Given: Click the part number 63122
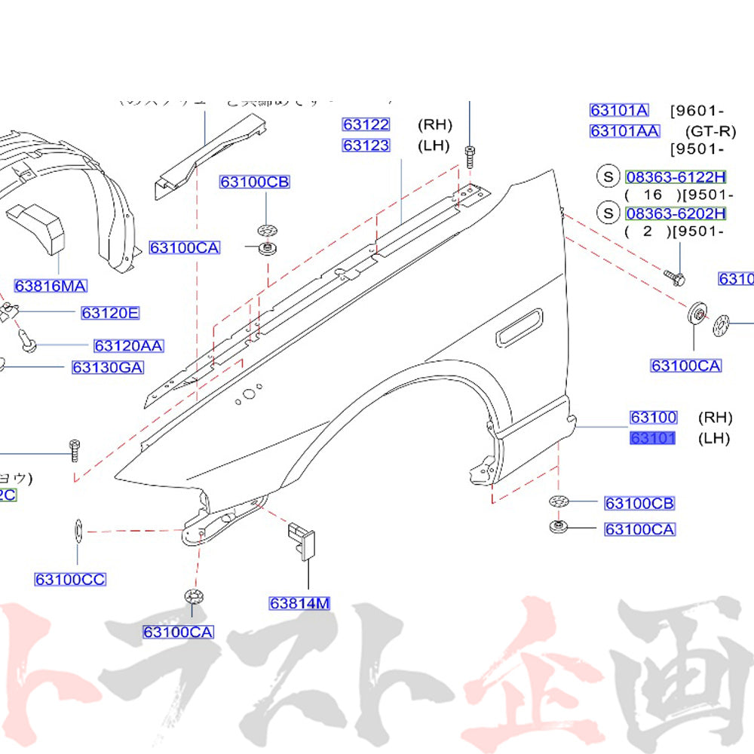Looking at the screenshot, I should pyautogui.click(x=366, y=125).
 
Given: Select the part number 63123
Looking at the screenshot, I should pyautogui.click(x=366, y=146).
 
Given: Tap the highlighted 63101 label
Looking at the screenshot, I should pyautogui.click(x=653, y=438).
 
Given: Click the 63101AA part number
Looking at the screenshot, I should pyautogui.click(x=624, y=131).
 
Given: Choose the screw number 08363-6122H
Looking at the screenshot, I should pyautogui.click(x=675, y=177).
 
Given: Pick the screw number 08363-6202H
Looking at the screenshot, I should pyautogui.click(x=675, y=213).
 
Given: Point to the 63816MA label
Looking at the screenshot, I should pyautogui.click(x=51, y=286).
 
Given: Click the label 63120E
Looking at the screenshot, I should pyautogui.click(x=110, y=313).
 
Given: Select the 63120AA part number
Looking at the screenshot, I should pyautogui.click(x=129, y=346).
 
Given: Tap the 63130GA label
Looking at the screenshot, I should pyautogui.click(x=108, y=368).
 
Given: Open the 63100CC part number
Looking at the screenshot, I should pyautogui.click(x=70, y=579).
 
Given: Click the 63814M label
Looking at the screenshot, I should pyautogui.click(x=300, y=603).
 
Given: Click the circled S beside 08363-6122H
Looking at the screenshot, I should pyautogui.click(x=608, y=177).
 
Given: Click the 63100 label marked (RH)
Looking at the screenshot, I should pyautogui.click(x=653, y=417).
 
